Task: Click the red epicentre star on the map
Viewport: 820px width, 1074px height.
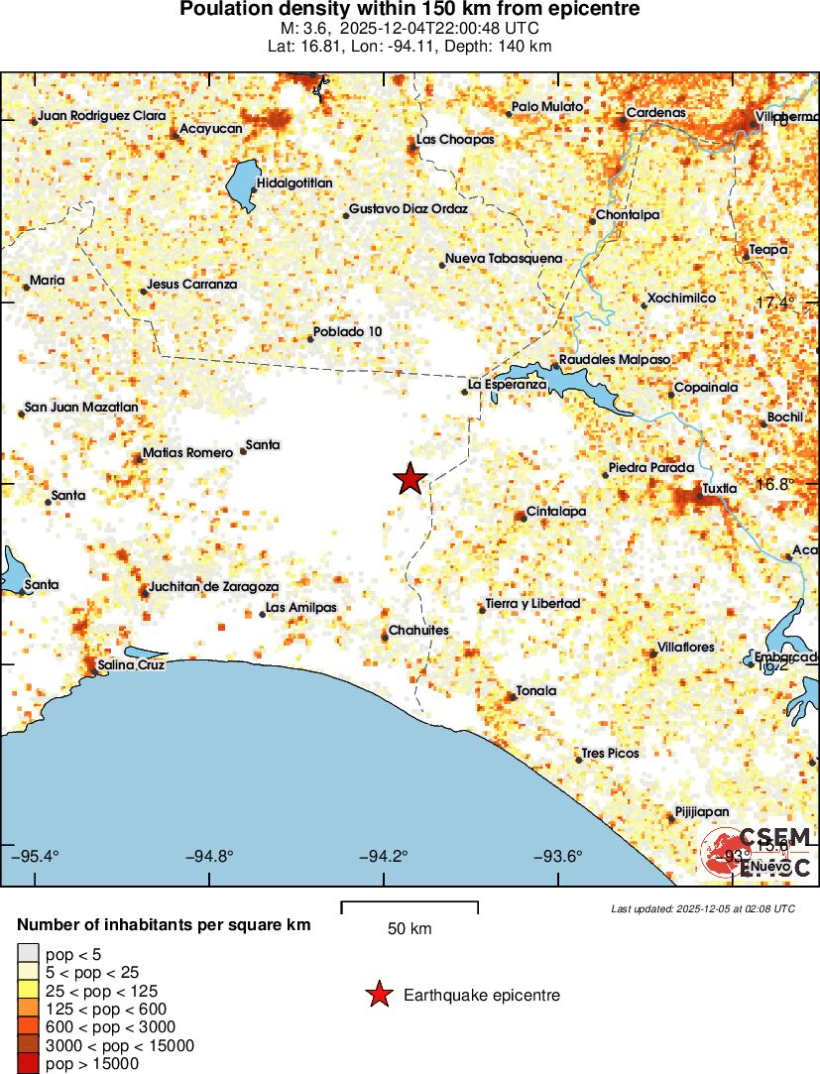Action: click(x=410, y=479)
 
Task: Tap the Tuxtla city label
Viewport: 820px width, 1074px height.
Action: click(x=719, y=488)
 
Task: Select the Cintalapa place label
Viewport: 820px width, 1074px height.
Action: click(x=555, y=512)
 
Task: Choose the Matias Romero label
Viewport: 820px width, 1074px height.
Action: click(x=187, y=452)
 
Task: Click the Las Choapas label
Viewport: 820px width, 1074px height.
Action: click(x=455, y=140)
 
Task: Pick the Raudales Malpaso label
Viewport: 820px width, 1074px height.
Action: click(x=615, y=359)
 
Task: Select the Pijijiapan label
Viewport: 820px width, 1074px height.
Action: click(x=702, y=810)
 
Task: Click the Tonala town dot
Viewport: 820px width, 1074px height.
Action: click(x=513, y=697)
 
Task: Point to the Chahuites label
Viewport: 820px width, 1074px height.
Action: click(x=418, y=631)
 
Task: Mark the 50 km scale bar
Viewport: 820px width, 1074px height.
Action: click(x=410, y=906)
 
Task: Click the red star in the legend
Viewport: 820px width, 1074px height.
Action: click(x=379, y=995)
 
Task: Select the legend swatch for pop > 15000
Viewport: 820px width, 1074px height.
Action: click(x=28, y=1064)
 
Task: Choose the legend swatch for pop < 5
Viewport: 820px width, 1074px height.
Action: click(x=28, y=954)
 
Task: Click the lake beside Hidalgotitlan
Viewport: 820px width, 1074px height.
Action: click(x=241, y=184)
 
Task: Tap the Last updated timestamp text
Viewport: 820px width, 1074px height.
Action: click(x=702, y=908)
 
